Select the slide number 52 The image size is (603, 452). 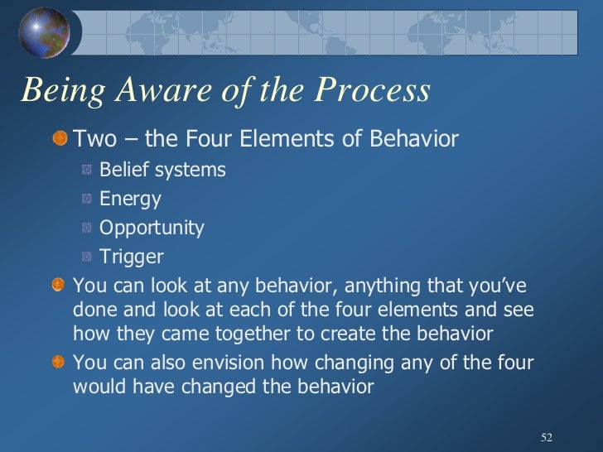click(x=546, y=436)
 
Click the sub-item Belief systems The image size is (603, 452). click(x=162, y=171)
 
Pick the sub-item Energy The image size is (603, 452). click(x=130, y=200)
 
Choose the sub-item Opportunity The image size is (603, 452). click(x=152, y=228)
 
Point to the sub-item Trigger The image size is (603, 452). click(x=131, y=257)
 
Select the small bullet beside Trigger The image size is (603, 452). click(x=87, y=257)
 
